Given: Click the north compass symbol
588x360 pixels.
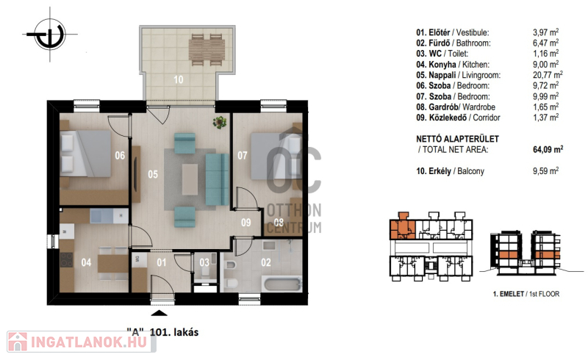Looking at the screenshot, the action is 50,35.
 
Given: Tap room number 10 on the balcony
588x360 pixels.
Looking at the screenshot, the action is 179,79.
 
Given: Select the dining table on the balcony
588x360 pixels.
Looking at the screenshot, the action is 207,50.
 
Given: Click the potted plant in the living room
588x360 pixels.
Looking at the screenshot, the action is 219,122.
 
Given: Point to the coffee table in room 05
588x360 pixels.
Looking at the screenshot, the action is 190,179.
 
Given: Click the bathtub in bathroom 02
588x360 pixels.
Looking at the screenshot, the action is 283,283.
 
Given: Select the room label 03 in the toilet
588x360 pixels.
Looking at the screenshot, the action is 204,262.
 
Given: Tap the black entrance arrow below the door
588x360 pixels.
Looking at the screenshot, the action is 159,314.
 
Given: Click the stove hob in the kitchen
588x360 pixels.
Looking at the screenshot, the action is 67,259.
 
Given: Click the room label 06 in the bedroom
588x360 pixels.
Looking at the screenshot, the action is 120,155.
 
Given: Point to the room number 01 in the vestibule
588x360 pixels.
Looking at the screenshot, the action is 162,262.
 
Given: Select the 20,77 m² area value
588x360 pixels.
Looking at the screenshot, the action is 548,75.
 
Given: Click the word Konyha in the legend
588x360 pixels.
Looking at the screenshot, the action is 442,65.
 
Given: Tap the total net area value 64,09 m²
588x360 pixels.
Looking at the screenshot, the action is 548,149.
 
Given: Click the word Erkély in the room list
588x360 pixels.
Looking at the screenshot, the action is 440,171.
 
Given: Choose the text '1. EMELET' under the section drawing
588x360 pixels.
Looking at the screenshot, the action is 508,294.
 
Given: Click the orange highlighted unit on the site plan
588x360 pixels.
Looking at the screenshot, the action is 402,227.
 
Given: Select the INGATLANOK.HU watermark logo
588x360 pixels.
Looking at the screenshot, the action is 82,342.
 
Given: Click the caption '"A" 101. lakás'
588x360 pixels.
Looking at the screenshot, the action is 162,332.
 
